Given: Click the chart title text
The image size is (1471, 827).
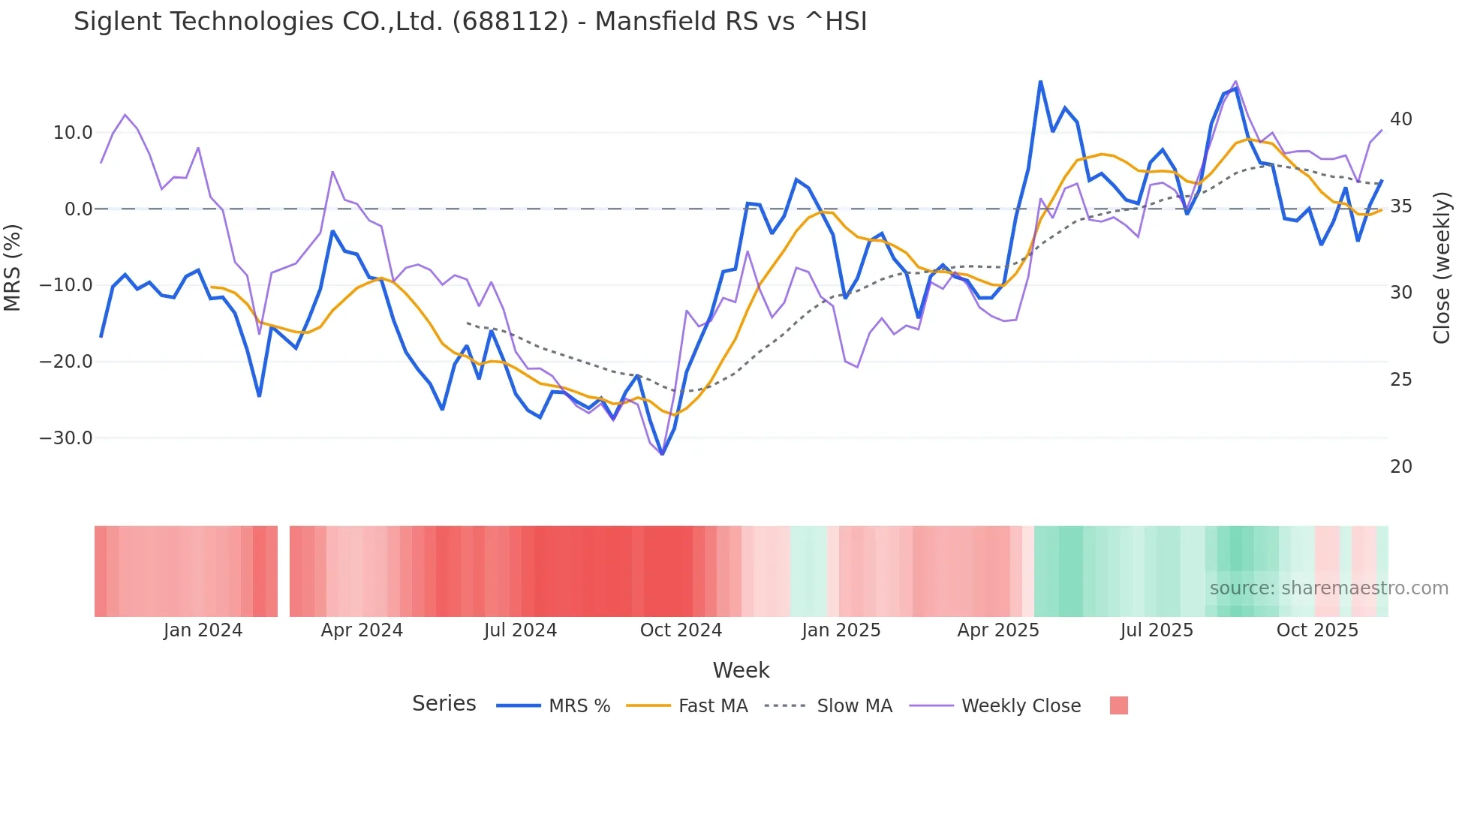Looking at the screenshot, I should [x=470, y=22].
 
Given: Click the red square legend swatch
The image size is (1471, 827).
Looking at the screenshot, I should [x=1118, y=705].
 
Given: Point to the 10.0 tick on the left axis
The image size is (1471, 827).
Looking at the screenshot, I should [x=73, y=133].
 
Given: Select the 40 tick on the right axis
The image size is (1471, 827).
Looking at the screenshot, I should [x=1400, y=119].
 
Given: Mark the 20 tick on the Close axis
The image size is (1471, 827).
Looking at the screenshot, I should [x=1400, y=467].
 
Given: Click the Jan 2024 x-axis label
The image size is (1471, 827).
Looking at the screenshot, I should [x=203, y=630].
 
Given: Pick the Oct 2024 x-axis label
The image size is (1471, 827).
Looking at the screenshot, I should [x=681, y=630].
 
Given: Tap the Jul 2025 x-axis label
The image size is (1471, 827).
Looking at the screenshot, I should [x=1157, y=630].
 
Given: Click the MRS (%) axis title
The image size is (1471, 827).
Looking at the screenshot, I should [x=13, y=267].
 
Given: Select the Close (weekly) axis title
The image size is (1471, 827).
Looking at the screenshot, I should [x=1441, y=268].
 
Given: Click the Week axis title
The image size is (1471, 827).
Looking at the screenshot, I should [x=741, y=670].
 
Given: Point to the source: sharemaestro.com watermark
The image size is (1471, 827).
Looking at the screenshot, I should [x=1328, y=588].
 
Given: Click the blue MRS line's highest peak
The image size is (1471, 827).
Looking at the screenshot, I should [x=1040, y=81].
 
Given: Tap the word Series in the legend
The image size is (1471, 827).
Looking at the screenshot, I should [x=444, y=704].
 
